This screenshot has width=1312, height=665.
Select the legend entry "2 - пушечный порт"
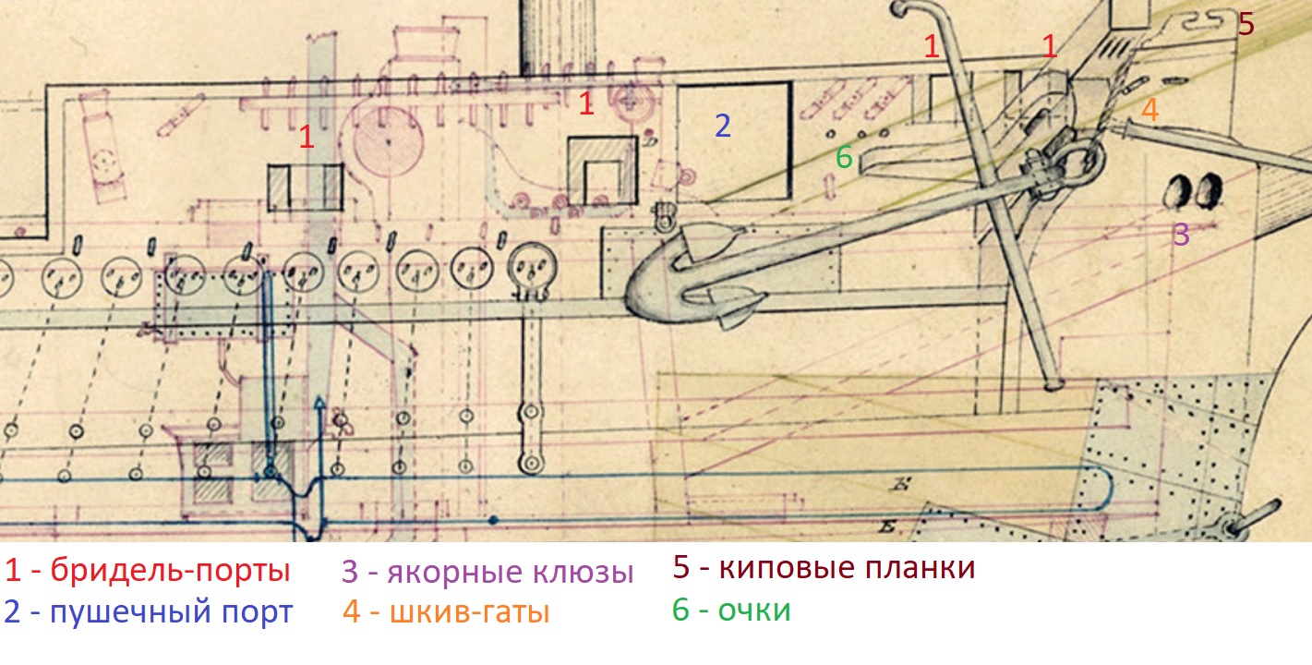[148, 612]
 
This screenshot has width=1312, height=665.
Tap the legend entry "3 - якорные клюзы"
[487, 573]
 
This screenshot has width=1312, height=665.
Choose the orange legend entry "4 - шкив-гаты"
[446, 612]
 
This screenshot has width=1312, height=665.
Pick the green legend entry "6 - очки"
[731, 611]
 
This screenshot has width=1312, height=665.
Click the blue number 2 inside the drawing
[722, 126]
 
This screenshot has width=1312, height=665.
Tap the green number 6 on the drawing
[843, 158]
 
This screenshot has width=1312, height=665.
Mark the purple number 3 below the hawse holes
[1182, 234]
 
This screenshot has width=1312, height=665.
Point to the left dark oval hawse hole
[1179, 190]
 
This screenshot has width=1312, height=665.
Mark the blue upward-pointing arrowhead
[319, 404]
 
